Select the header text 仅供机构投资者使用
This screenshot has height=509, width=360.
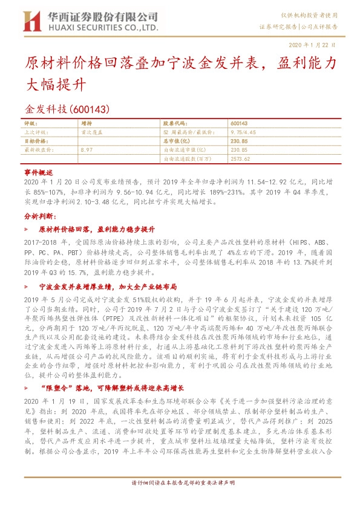[314, 15]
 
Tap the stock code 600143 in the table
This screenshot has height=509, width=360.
[239, 123]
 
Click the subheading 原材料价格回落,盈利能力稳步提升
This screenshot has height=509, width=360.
[97, 230]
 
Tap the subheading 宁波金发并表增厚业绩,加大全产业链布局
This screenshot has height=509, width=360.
[107, 287]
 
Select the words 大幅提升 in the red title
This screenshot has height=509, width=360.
[59, 85]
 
